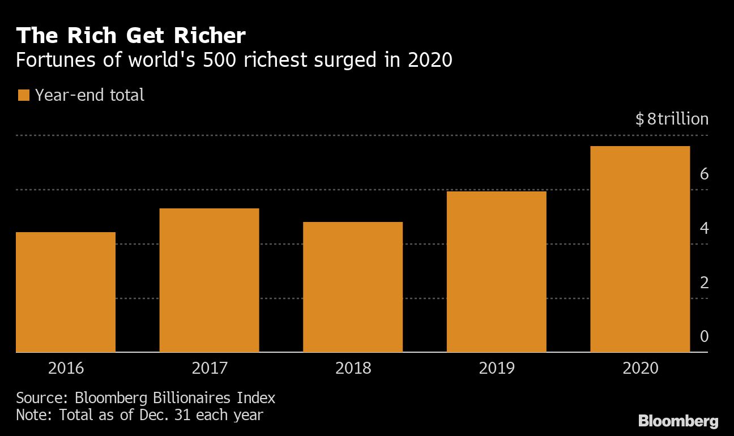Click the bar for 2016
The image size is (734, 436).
tap(66, 292)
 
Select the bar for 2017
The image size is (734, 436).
tap(209, 280)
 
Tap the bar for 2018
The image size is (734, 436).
tap(353, 287)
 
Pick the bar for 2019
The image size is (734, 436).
tap(496, 272)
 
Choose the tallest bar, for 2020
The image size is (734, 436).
tap(640, 249)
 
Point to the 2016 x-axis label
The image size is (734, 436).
tap(66, 369)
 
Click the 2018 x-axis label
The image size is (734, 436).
tap(353, 369)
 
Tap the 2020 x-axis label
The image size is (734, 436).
tap(641, 369)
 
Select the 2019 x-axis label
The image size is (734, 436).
tap(497, 369)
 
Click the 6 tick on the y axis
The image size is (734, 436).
tap(704, 174)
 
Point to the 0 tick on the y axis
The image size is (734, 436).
tap(704, 337)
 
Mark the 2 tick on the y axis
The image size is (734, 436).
tap(704, 283)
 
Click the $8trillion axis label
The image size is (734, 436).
tap(672, 119)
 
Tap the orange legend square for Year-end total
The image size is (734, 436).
tap(23, 95)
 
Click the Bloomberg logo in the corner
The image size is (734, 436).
tap(678, 421)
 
